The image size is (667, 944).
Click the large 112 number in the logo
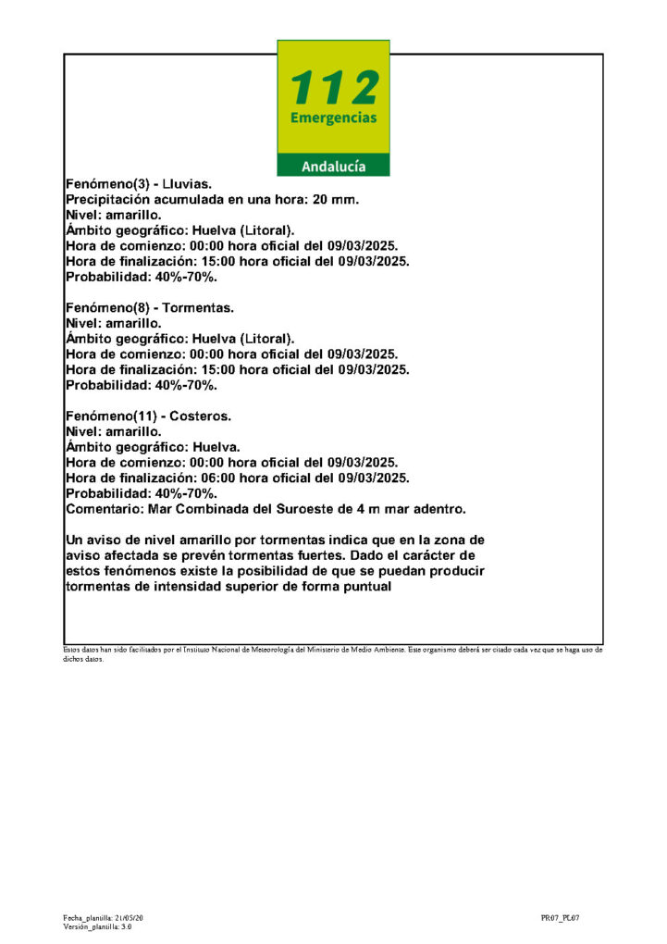[334, 88]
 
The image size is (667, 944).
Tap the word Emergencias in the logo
[334, 118]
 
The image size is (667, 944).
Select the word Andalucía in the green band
[334, 167]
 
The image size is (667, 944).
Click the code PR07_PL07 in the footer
[560, 917]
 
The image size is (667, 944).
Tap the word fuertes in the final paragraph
[330, 555]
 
